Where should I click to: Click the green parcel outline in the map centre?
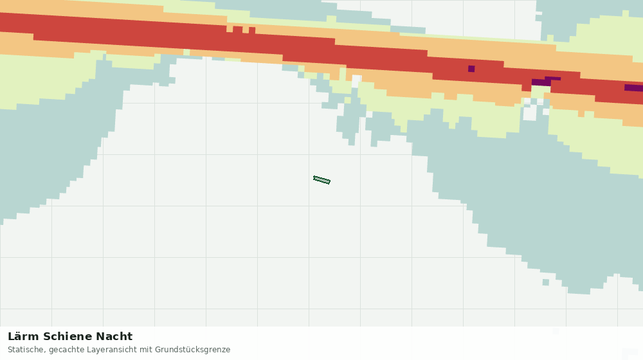point(321,180)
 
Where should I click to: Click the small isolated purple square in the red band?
point(471,69)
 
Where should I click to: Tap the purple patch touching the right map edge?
point(633,87)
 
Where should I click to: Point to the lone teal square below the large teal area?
point(546,282)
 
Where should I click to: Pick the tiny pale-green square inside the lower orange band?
point(186,53)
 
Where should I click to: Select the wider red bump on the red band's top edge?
point(238,30)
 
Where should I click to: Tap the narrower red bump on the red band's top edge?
point(252,30)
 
